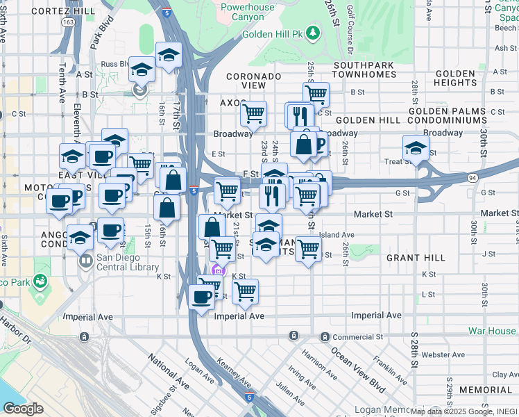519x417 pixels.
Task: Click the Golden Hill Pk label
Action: coord(273,33)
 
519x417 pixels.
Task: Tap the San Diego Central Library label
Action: coord(127,261)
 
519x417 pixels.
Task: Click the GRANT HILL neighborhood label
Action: coord(416,258)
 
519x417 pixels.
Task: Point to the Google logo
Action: coord(23,408)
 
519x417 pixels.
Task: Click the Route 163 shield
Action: coord(68,22)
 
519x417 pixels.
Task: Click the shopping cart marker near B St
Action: coord(316,92)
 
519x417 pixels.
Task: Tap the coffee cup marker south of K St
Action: coord(201,297)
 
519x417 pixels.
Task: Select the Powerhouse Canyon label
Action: coord(248,12)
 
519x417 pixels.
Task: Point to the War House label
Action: coord(491,332)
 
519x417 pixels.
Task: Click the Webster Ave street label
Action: coord(443,354)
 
